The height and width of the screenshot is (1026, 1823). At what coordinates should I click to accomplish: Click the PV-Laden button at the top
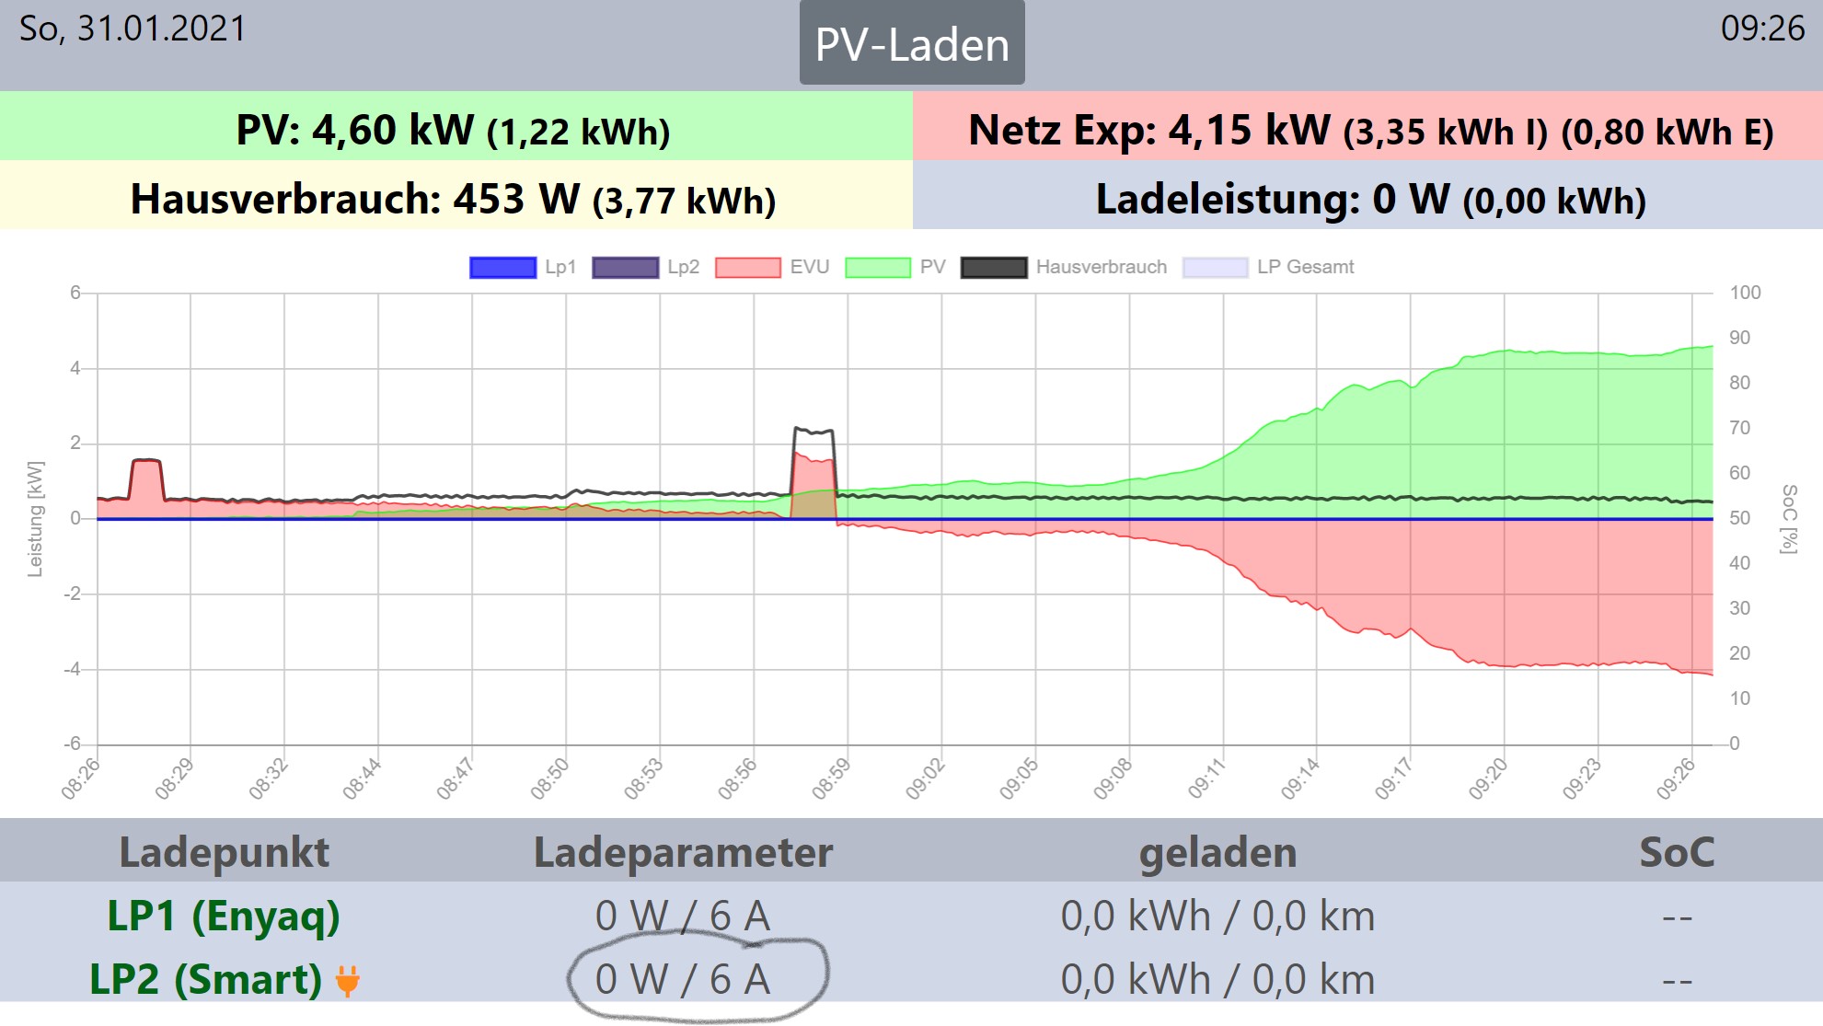coord(911,44)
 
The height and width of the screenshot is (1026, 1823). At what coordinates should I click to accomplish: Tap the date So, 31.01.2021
coord(133,29)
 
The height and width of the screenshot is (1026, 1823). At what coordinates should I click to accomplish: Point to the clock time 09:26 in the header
coord(1762,29)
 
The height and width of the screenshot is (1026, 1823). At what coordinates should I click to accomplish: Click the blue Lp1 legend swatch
coord(502,268)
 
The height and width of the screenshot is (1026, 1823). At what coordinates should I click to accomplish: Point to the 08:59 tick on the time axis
coord(832,779)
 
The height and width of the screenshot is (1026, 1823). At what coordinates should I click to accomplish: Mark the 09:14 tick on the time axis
coord(1301,779)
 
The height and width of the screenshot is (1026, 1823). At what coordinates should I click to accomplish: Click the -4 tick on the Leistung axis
coord(72,669)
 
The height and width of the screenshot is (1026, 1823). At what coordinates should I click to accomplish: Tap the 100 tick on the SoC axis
coord(1745,293)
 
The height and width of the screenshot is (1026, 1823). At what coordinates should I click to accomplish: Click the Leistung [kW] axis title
coord(35,519)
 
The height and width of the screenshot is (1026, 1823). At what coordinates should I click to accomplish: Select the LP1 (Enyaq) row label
coord(224,916)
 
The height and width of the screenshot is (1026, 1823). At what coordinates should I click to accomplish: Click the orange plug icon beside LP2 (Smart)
coord(348,981)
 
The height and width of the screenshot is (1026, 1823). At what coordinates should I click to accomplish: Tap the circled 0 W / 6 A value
coord(683,979)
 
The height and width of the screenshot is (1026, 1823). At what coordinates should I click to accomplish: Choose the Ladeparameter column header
coord(683,853)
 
